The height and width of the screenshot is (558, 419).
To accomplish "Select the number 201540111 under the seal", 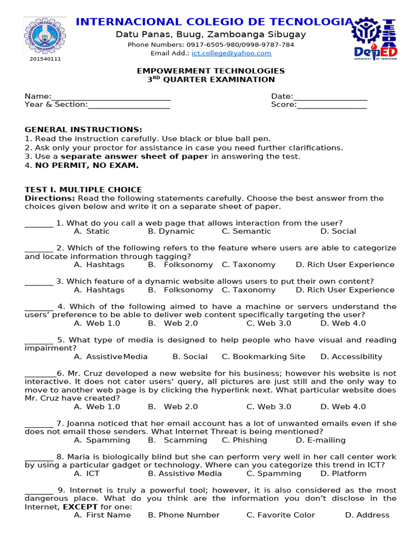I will pos(45,59).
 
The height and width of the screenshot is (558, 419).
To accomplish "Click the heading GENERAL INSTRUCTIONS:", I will pos(83,130).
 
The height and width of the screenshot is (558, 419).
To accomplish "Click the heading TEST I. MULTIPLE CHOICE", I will pos(83,190).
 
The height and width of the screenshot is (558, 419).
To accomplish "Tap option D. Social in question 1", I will pos(338,231).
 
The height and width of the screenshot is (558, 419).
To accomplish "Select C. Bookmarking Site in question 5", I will pos(264,356).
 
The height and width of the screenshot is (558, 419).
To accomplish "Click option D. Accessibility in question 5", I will pos(351,356).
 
